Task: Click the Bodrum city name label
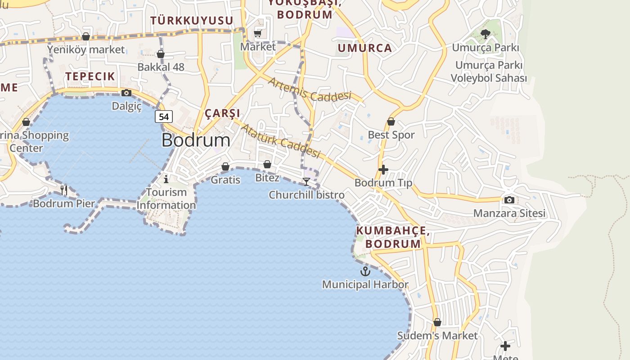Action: pyautogui.click(x=196, y=140)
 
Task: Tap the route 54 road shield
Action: pyautogui.click(x=164, y=117)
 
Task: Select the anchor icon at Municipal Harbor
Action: pyautogui.click(x=365, y=271)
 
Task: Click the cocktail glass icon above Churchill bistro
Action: pyautogui.click(x=306, y=181)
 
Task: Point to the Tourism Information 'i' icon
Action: pyautogui.click(x=166, y=179)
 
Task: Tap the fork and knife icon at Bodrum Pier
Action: pyautogui.click(x=64, y=190)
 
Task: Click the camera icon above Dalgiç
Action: pyautogui.click(x=126, y=93)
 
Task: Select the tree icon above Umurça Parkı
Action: pyautogui.click(x=485, y=34)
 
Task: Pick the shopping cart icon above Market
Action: pyautogui.click(x=258, y=33)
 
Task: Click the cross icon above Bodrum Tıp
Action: pyautogui.click(x=383, y=170)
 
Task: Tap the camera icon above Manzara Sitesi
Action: pyautogui.click(x=509, y=200)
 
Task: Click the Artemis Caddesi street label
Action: pyautogui.click(x=309, y=89)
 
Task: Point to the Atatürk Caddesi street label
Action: pyautogui.click(x=280, y=141)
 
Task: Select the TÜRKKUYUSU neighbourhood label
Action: pyautogui.click(x=192, y=21)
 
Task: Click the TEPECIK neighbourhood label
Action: pyautogui.click(x=90, y=76)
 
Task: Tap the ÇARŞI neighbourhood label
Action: pyautogui.click(x=222, y=113)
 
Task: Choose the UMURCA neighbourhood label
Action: pyautogui.click(x=365, y=48)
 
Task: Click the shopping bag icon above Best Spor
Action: pyautogui.click(x=391, y=121)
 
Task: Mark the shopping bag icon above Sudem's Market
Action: pyautogui.click(x=437, y=322)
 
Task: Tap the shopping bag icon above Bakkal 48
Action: pyautogui.click(x=161, y=54)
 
